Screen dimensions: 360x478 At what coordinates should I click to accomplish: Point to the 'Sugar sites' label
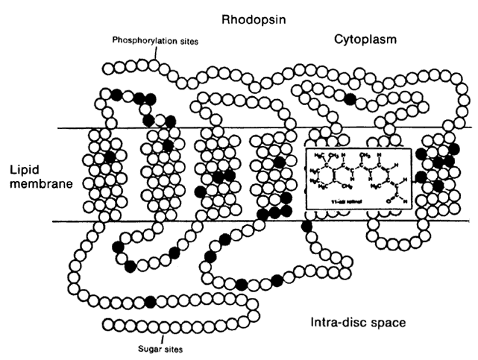click(x=160, y=347)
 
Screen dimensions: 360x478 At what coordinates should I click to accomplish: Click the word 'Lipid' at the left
click(x=24, y=169)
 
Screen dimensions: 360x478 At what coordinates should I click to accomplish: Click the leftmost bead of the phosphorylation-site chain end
click(x=109, y=69)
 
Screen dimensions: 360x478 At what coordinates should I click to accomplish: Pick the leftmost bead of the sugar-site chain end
click(x=108, y=324)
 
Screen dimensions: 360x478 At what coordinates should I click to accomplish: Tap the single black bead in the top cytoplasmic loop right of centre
click(x=350, y=98)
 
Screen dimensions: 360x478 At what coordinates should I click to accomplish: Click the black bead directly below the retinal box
click(x=306, y=227)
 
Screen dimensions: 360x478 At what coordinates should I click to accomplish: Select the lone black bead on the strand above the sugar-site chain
click(x=151, y=301)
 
